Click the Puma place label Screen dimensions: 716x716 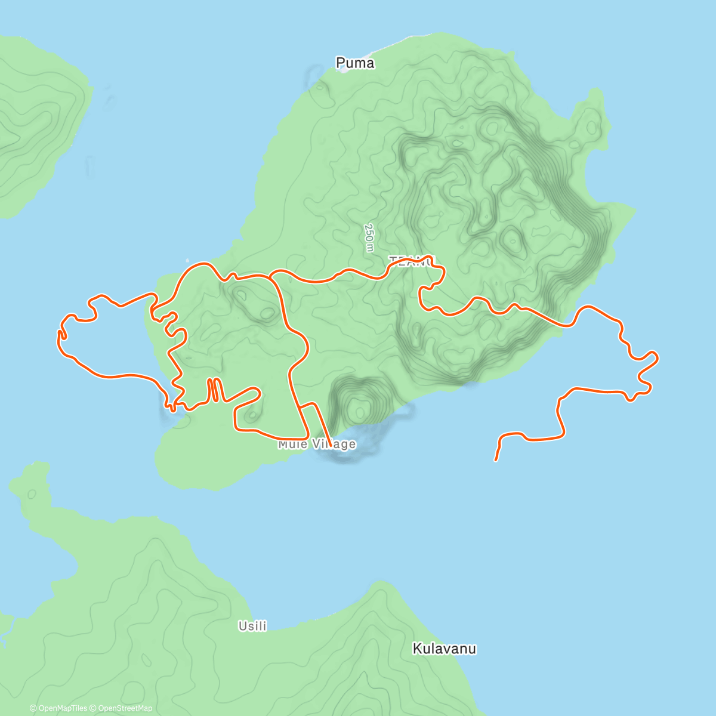[355, 63]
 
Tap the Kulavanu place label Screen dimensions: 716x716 [445, 649]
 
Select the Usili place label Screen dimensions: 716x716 [252, 626]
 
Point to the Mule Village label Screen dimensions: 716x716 [317, 444]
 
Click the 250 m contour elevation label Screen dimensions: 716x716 [369, 237]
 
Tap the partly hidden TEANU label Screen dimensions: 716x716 [412, 261]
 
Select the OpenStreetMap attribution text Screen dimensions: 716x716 [125, 708]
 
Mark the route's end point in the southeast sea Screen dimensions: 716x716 [496, 460]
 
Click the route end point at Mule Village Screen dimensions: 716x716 [331, 445]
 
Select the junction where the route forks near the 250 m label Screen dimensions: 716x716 [271, 277]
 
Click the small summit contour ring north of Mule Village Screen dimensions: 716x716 [359, 411]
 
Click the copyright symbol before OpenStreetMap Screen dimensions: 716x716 [94, 708]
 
